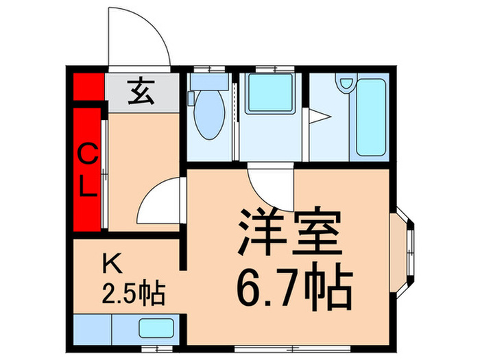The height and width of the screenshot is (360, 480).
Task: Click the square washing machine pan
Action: coord(270,93)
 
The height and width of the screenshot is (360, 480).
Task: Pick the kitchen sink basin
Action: coord(156,328)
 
